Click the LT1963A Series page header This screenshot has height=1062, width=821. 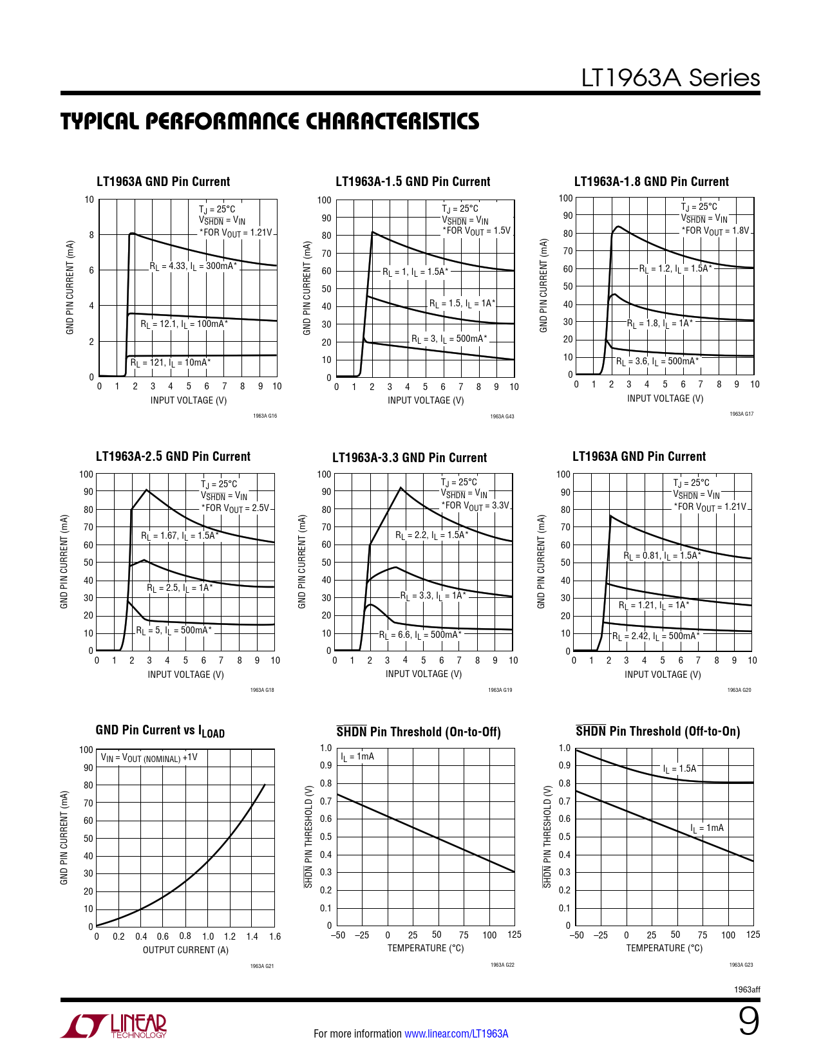pyautogui.click(x=670, y=78)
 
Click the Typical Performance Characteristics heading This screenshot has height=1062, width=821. pyautogui.click(x=270, y=121)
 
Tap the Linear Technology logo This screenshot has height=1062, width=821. pyautogui.click(x=114, y=1027)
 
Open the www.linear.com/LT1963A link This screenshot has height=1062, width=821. pyautogui.click(x=456, y=1034)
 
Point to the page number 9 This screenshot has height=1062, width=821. pyautogui.click(x=748, y=1021)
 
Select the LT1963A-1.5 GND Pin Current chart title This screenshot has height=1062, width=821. pyautogui.click(x=413, y=182)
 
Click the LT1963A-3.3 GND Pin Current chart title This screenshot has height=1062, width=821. pyautogui.click(x=410, y=458)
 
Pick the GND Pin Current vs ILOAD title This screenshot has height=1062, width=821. pyautogui.click(x=160, y=731)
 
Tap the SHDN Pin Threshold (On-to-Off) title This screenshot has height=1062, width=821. pyautogui.click(x=419, y=732)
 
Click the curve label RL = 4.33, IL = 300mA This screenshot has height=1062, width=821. pyautogui.click(x=193, y=266)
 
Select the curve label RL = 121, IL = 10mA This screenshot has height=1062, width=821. pyautogui.click(x=170, y=363)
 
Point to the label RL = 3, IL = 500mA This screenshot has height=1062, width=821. pyautogui.click(x=449, y=339)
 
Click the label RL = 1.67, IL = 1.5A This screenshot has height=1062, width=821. pyautogui.click(x=180, y=536)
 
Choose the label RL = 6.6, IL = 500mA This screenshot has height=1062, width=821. pyautogui.click(x=420, y=635)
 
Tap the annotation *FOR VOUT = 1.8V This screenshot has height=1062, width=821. pyautogui.click(x=716, y=230)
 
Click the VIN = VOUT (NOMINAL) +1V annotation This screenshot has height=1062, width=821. pyautogui.click(x=149, y=758)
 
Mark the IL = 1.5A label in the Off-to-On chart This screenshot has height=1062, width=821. pyautogui.click(x=679, y=769)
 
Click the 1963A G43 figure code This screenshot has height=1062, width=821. pyautogui.click(x=502, y=416)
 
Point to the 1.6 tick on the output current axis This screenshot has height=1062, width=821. pyautogui.click(x=275, y=936)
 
